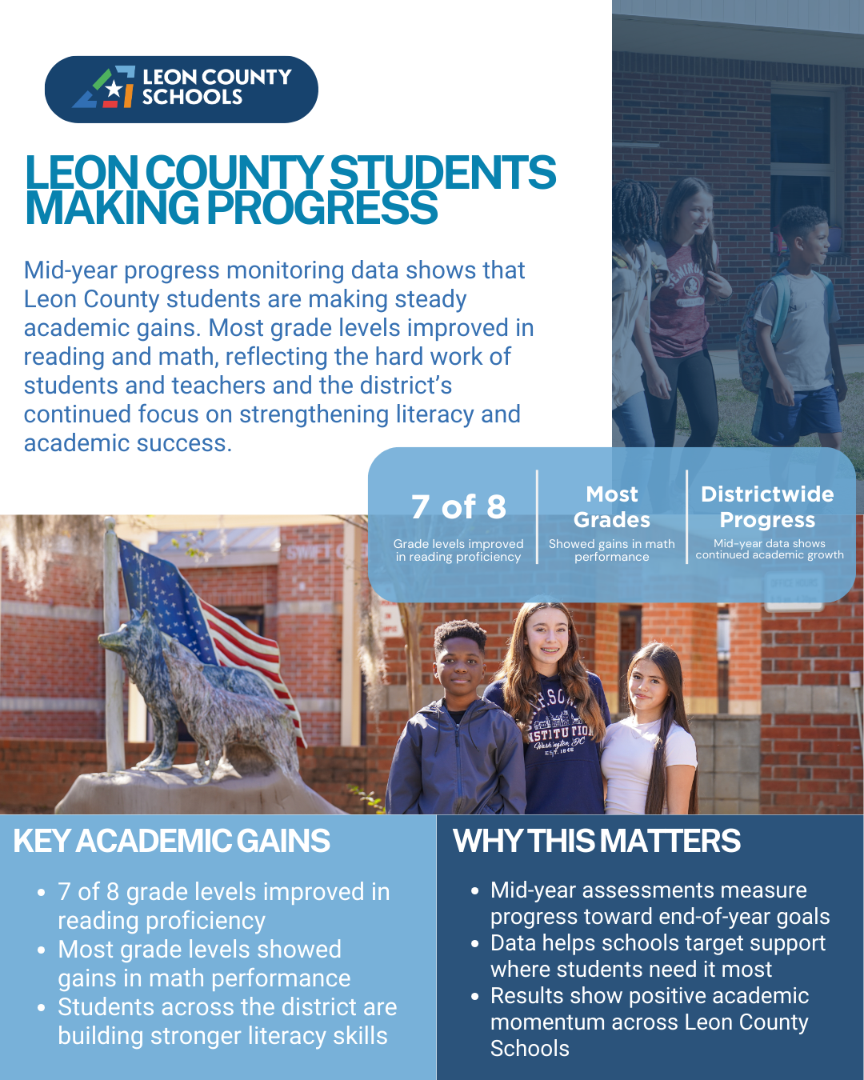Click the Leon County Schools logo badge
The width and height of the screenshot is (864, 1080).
(181, 89)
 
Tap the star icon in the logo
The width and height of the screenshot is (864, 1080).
(114, 89)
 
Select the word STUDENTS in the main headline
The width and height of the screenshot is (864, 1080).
(442, 173)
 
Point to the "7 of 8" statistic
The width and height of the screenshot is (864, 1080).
(458, 506)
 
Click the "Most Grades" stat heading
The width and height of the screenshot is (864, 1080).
(612, 506)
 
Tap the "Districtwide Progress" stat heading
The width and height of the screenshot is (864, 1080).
(767, 506)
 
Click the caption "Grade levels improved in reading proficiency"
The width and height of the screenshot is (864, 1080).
(458, 550)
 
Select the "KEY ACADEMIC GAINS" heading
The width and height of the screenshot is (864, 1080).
(172, 841)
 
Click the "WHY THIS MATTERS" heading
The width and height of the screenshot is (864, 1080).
(597, 841)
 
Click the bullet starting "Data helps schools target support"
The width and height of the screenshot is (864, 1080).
(658, 956)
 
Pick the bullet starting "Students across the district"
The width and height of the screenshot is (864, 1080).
(227, 1022)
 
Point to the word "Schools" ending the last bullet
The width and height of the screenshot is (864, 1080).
(530, 1049)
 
